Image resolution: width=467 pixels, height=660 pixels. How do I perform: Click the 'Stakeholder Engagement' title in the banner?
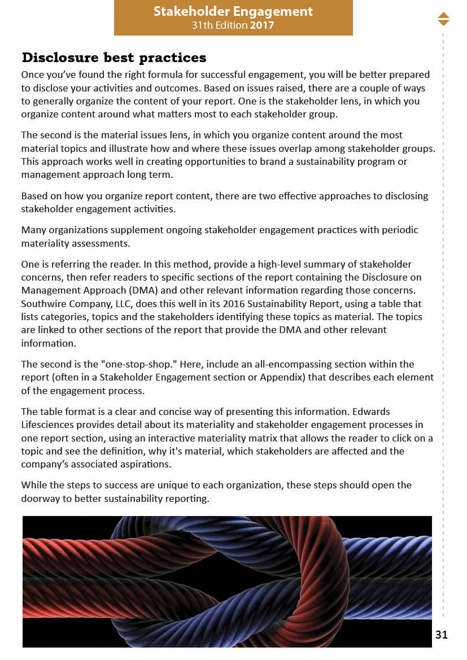click(233, 11)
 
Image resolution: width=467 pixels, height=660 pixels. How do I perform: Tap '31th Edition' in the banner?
click(219, 25)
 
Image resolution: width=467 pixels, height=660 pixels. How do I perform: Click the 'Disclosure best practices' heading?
click(114, 58)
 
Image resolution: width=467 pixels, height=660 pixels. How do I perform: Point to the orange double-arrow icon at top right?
click(443, 19)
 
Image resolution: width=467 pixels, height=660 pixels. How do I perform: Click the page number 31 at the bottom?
click(442, 635)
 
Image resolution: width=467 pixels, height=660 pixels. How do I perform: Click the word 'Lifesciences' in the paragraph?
click(47, 425)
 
